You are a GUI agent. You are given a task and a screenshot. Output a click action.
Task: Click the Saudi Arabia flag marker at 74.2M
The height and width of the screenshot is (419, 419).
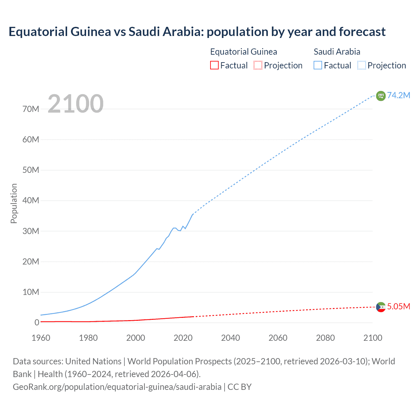click(x=380, y=96)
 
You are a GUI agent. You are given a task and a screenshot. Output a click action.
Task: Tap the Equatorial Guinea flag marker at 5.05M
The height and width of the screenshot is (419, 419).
click(x=380, y=307)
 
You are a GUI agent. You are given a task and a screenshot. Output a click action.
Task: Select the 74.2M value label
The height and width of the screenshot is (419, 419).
click(x=398, y=95)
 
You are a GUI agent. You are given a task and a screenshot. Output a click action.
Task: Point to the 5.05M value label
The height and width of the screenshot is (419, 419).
click(x=398, y=306)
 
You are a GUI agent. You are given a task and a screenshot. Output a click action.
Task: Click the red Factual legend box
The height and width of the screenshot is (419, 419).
click(x=214, y=65)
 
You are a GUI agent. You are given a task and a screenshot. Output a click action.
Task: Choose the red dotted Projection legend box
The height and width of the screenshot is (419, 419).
click(x=258, y=65)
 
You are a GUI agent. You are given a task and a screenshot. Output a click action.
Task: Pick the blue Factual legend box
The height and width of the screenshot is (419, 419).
click(x=318, y=65)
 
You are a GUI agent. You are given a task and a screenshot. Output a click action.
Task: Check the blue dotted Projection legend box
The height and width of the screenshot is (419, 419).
click(x=361, y=65)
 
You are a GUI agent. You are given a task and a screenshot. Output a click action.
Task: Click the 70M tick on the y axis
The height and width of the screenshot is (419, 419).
click(x=31, y=109)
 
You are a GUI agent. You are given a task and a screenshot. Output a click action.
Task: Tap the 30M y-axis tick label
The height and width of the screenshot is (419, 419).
click(x=31, y=231)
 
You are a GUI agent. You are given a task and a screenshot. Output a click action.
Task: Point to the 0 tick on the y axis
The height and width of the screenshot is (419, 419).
click(x=37, y=322)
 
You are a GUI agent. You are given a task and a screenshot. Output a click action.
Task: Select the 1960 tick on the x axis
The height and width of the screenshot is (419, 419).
click(x=41, y=338)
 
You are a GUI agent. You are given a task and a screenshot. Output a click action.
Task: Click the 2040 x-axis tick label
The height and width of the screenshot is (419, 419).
click(x=230, y=338)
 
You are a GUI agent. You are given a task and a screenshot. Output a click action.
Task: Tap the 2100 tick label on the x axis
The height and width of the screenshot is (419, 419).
click(x=373, y=338)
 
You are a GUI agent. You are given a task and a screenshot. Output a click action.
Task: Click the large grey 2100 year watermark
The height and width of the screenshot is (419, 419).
click(x=76, y=104)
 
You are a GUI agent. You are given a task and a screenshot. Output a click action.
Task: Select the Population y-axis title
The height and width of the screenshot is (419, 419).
click(x=14, y=203)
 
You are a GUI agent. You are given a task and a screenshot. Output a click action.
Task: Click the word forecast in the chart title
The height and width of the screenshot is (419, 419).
click(x=362, y=32)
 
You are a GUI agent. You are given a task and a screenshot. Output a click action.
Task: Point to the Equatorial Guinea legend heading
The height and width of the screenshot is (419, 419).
click(x=244, y=52)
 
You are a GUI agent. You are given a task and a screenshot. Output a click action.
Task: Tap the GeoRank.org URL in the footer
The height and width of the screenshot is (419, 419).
click(x=117, y=387)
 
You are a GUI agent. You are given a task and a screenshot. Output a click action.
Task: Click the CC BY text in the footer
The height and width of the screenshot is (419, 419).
click(x=240, y=387)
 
